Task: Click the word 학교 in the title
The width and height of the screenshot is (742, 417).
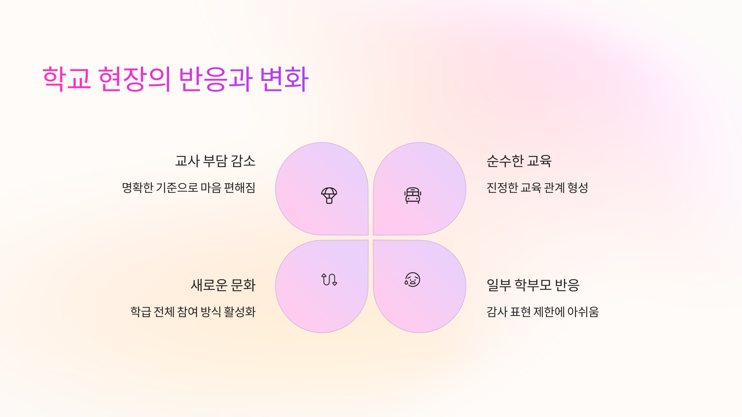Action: [67, 79]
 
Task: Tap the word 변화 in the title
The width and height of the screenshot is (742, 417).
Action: [284, 79]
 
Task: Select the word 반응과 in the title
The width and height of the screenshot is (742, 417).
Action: [216, 79]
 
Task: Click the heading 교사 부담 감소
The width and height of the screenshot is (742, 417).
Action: [215, 161]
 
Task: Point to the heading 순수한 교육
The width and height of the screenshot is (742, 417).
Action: [519, 161]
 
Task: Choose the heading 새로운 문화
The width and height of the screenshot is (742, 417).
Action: [223, 285]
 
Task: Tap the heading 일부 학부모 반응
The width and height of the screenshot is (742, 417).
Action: [533, 285]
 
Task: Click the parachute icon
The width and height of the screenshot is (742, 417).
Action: [329, 196]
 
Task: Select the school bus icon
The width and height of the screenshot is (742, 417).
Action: [413, 196]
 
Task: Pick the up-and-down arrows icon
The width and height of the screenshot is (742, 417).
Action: [329, 280]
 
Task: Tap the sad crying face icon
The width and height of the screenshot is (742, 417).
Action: [412, 280]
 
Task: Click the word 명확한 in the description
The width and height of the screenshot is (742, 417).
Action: [138, 188]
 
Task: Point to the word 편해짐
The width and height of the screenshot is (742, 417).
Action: [240, 188]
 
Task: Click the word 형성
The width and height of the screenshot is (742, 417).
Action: [578, 188]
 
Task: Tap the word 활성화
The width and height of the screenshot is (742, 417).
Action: [240, 312]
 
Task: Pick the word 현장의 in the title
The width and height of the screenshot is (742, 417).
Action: [134, 79]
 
